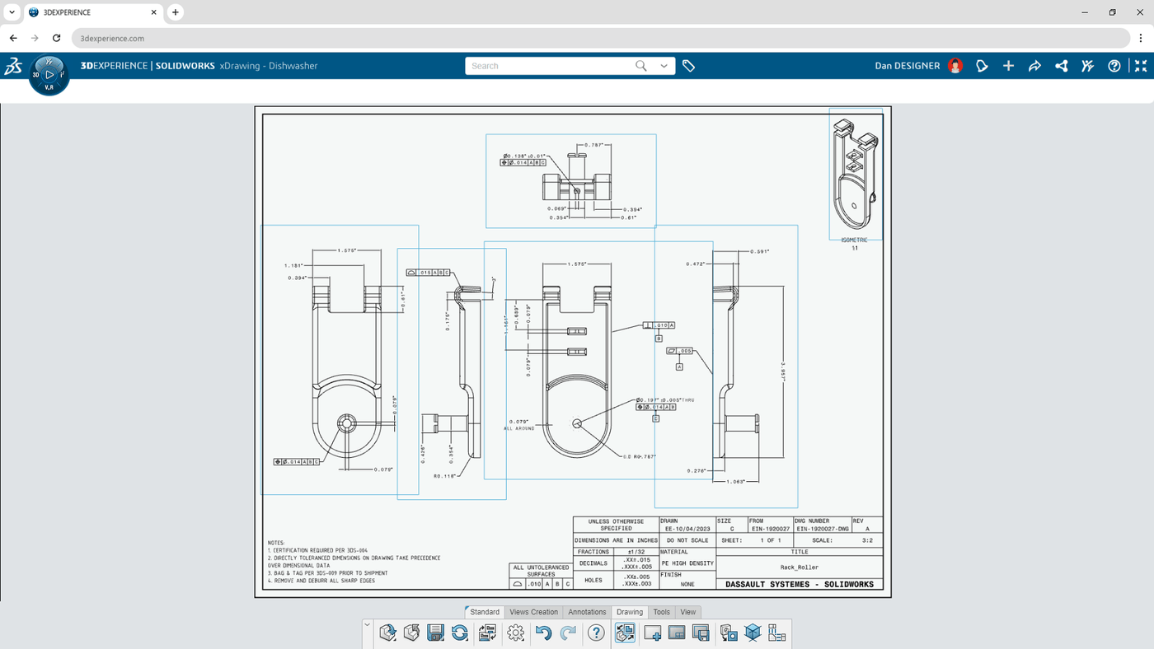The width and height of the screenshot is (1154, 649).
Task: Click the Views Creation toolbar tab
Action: [533, 612]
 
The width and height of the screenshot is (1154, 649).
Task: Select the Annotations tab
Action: [587, 612]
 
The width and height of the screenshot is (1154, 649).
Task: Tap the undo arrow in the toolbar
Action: [543, 633]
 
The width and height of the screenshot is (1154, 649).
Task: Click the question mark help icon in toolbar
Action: [596, 633]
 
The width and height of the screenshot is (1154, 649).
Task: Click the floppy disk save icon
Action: [435, 633]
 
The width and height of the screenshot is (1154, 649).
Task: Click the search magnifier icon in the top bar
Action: [640, 66]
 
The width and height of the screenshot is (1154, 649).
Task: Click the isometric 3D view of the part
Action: [854, 175]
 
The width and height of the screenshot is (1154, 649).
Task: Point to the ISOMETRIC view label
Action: [854, 240]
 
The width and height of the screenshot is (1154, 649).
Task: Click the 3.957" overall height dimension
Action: [782, 373]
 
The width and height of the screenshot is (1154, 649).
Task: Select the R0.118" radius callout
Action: [444, 476]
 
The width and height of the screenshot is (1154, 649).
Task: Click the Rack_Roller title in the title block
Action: [799, 567]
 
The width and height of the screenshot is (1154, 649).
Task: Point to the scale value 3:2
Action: [867, 540]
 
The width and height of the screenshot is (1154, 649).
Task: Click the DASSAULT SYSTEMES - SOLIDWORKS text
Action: [799, 584]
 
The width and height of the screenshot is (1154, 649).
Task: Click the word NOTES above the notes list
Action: [276, 543]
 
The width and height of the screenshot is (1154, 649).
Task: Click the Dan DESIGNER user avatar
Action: [955, 66]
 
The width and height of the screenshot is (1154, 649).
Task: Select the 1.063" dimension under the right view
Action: [735, 482]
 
